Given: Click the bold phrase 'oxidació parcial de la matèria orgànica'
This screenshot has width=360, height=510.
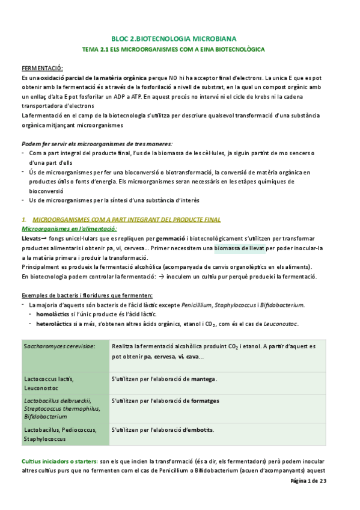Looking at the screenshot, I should click(x=85, y=78).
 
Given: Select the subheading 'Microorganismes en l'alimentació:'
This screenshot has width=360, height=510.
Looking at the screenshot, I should click(x=69, y=229).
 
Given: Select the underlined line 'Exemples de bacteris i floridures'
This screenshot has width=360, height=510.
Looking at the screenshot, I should click(x=87, y=295).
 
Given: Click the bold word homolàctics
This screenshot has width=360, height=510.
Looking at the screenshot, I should click(x=55, y=315).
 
